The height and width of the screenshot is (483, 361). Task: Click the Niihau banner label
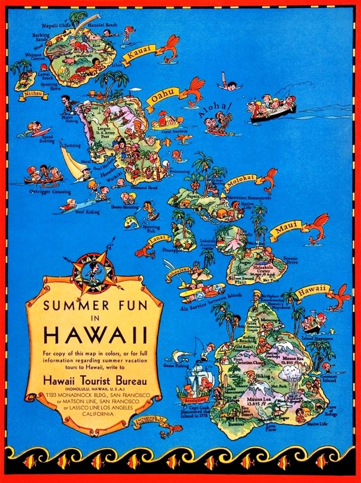click(33, 95)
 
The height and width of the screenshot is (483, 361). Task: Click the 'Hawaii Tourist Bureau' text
click(95, 381)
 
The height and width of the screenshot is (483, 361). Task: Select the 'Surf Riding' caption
click(87, 212)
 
